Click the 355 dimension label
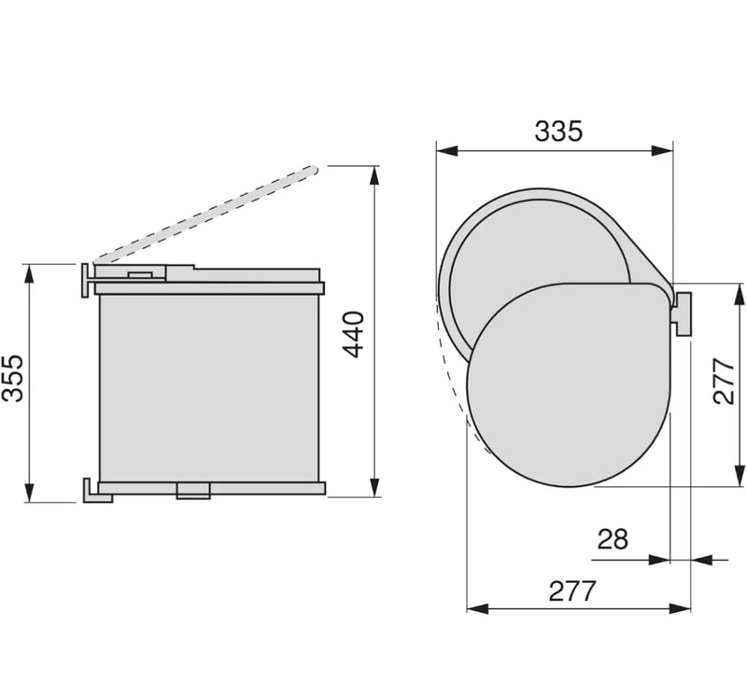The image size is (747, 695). click(x=12, y=379)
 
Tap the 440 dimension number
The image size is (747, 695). click(x=354, y=335)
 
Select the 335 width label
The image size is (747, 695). click(x=558, y=131)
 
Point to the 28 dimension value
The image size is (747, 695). click(x=613, y=539)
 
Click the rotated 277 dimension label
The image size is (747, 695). click(x=725, y=381)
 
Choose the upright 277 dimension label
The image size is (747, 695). click(x=572, y=591)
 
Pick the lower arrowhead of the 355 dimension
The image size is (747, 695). click(x=30, y=492)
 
